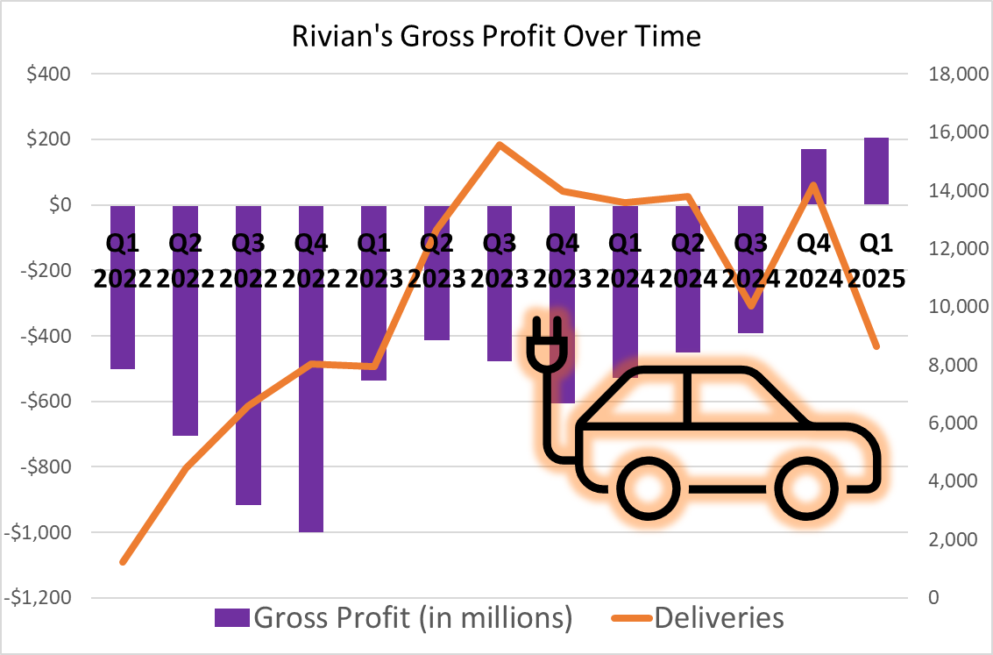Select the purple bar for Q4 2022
point(311,368)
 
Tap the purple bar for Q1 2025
point(876,171)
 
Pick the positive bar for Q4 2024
point(813,176)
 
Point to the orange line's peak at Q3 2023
point(499,145)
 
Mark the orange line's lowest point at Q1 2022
point(124,561)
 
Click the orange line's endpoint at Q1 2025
point(876,346)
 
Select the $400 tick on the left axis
point(49,75)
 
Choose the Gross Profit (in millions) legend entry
point(394,617)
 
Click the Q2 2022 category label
point(186,260)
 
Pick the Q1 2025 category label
point(876,260)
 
